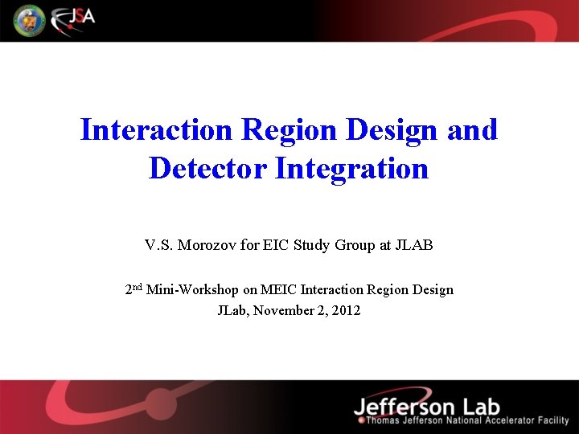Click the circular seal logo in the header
click(29, 20)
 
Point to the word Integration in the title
click(351, 169)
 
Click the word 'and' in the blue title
click(472, 129)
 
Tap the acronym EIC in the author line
click(273, 245)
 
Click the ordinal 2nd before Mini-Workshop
click(133, 289)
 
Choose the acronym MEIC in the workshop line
click(277, 289)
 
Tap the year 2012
click(346, 309)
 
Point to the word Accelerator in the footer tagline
click(503, 421)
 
